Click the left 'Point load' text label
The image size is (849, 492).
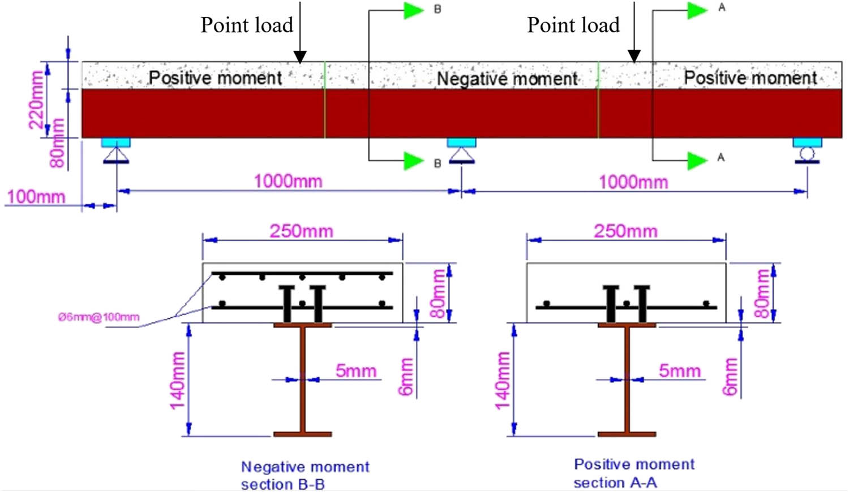tap(247, 25)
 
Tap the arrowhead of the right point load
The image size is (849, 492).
tap(634, 56)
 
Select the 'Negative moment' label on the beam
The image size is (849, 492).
tap(507, 79)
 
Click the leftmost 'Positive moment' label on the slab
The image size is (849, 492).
tap(215, 77)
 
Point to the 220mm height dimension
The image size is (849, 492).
tap(36, 100)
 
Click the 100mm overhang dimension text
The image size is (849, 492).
tap(36, 197)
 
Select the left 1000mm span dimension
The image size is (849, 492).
tap(288, 182)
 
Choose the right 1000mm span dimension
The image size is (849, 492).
tap(633, 182)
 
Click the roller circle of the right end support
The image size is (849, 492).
tap(807, 153)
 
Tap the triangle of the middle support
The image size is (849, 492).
tap(461, 154)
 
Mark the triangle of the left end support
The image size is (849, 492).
tap(116, 154)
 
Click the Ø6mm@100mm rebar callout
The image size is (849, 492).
tap(98, 317)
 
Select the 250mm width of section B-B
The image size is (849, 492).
tap(301, 231)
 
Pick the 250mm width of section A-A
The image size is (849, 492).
tap(625, 231)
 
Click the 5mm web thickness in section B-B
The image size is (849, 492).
tap(355, 371)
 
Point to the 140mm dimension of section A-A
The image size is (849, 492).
tap(502, 380)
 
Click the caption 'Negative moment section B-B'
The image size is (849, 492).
tap(305, 475)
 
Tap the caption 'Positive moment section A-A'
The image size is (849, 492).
tap(634, 473)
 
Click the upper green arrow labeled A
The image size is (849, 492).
tap(697, 10)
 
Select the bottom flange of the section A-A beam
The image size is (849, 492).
tap(627, 434)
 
